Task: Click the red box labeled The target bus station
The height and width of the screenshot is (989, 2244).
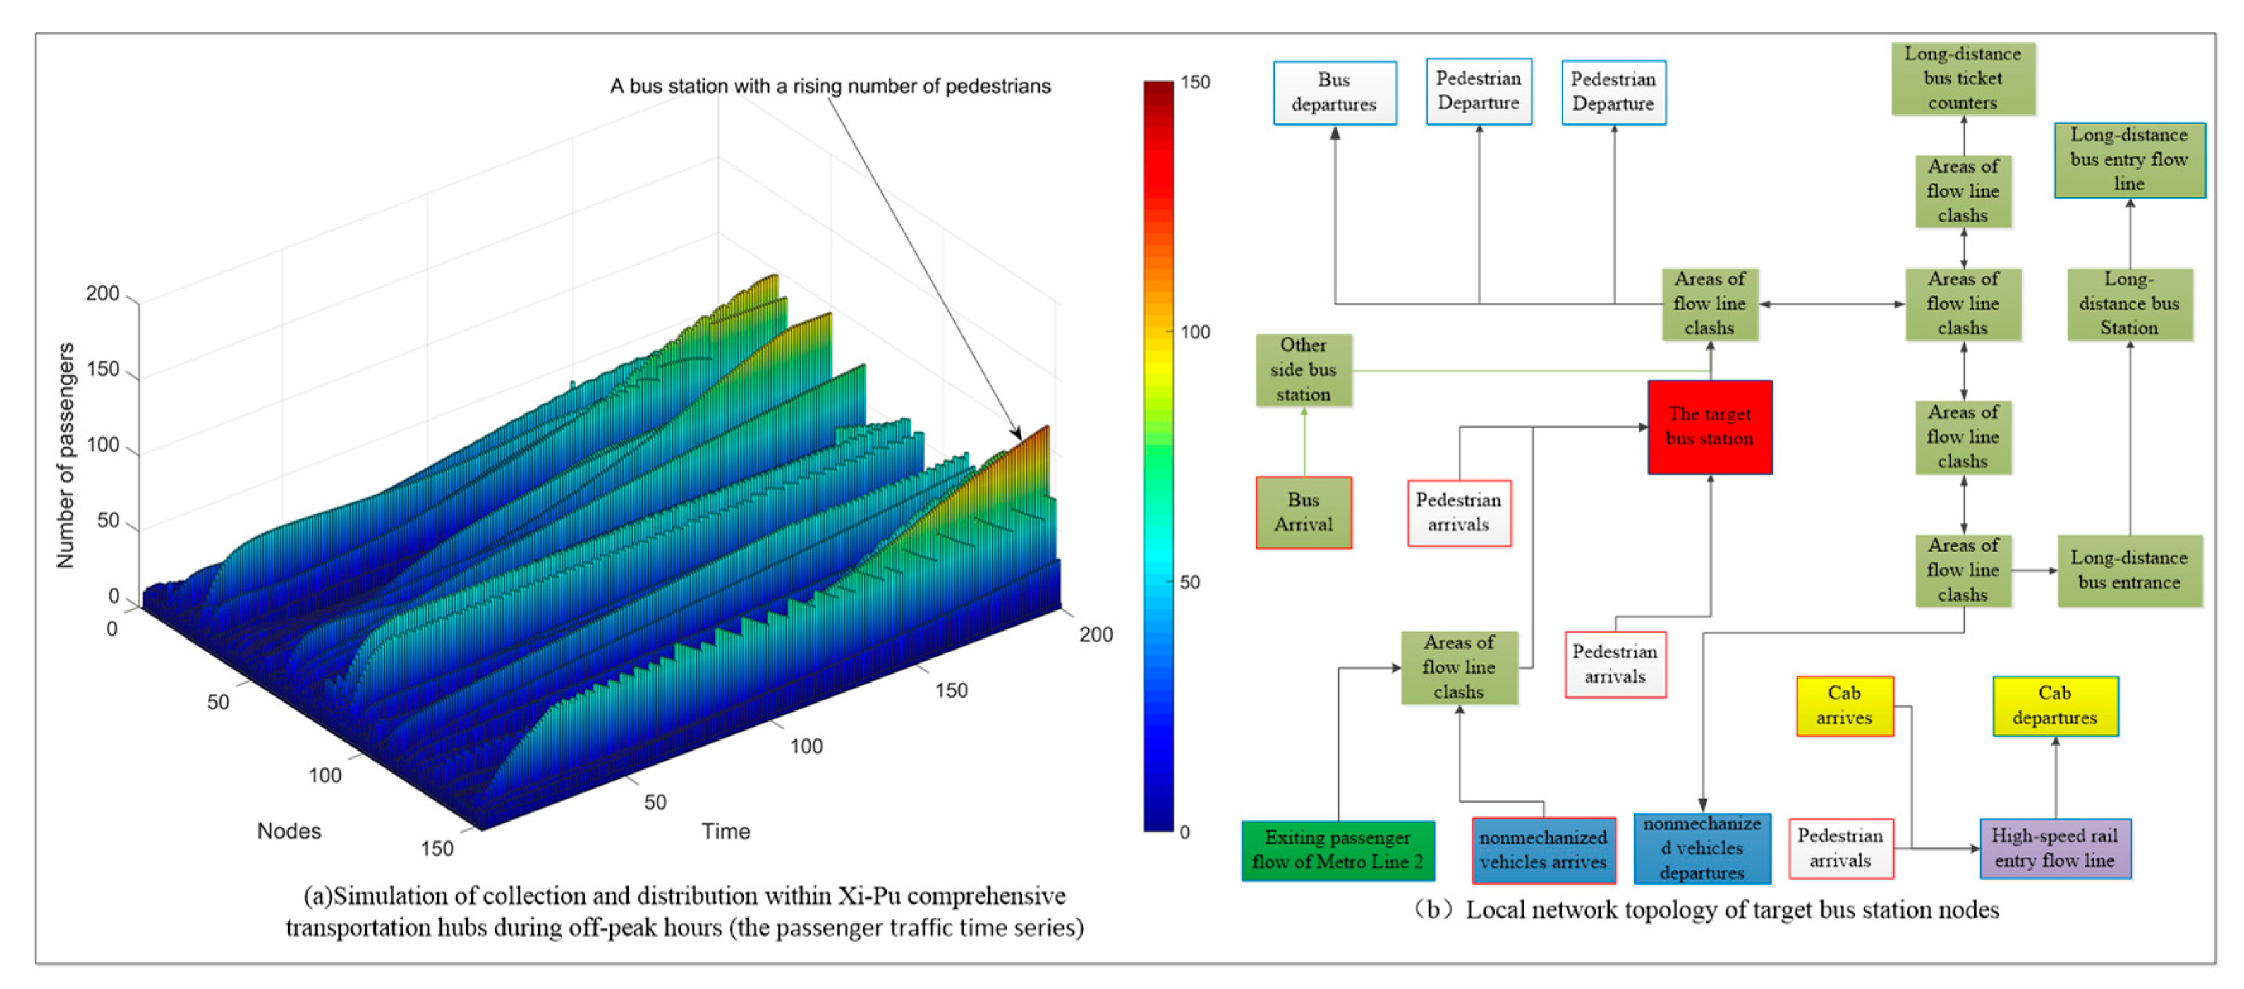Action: click(1709, 427)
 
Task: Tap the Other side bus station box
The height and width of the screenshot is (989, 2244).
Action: click(1303, 370)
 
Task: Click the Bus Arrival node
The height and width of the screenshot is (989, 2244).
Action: click(1303, 513)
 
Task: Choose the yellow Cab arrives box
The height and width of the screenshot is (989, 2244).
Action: click(1844, 706)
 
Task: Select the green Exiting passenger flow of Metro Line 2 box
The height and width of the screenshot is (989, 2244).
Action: click(1337, 849)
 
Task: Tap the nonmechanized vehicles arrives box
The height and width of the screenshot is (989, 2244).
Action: click(1543, 849)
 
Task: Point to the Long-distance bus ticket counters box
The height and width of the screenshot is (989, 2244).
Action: click(1963, 78)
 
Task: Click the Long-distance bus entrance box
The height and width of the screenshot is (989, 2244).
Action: click(2129, 570)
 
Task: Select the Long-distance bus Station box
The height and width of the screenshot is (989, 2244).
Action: click(2129, 303)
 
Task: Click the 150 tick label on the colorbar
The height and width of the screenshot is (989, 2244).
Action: click(1195, 83)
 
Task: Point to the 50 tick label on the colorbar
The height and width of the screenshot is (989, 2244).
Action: click(1190, 582)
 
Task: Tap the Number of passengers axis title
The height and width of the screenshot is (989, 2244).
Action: click(65, 455)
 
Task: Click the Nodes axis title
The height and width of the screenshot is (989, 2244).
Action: click(289, 831)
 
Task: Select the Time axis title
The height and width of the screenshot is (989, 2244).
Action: click(725, 831)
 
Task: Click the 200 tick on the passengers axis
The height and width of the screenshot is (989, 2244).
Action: click(103, 294)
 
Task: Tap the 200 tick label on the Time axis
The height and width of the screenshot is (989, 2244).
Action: click(1096, 634)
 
